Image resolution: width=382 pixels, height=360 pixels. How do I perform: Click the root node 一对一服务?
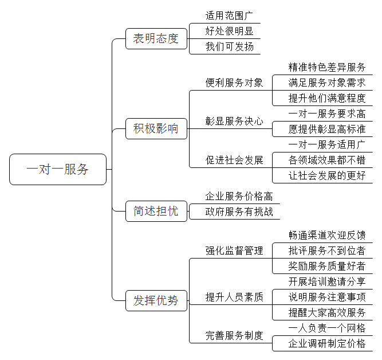click(58, 169)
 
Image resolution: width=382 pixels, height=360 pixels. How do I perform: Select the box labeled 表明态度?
click(156, 38)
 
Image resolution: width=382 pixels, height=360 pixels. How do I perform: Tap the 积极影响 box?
click(156, 128)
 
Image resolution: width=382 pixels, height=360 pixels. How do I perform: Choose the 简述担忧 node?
click(156, 211)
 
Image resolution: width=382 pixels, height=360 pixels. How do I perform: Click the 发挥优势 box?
click(156, 300)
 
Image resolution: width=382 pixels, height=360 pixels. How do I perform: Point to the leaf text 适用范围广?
click(229, 15)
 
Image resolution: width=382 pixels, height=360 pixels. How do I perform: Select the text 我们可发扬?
click(229, 46)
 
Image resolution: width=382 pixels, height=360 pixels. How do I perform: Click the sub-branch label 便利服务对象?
click(234, 83)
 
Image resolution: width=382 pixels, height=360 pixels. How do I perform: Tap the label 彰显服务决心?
click(234, 121)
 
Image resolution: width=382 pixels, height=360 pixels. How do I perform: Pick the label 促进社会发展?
click(234, 160)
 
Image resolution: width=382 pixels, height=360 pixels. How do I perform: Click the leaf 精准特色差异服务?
click(327, 67)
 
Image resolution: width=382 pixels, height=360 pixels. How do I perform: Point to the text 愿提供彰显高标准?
click(327, 129)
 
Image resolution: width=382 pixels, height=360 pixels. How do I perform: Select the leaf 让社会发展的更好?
click(327, 175)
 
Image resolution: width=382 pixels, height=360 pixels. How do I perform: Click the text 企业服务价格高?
click(239, 196)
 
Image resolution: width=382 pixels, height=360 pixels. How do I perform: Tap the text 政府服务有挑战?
click(239, 212)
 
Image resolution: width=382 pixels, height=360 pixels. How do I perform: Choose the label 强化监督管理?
click(234, 251)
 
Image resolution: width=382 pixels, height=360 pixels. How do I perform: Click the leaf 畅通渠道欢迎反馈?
click(327, 235)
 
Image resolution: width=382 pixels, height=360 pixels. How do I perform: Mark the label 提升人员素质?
click(234, 297)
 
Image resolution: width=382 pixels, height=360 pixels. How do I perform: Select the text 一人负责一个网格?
click(327, 328)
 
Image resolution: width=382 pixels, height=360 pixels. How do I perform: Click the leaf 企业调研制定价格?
click(327, 343)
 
